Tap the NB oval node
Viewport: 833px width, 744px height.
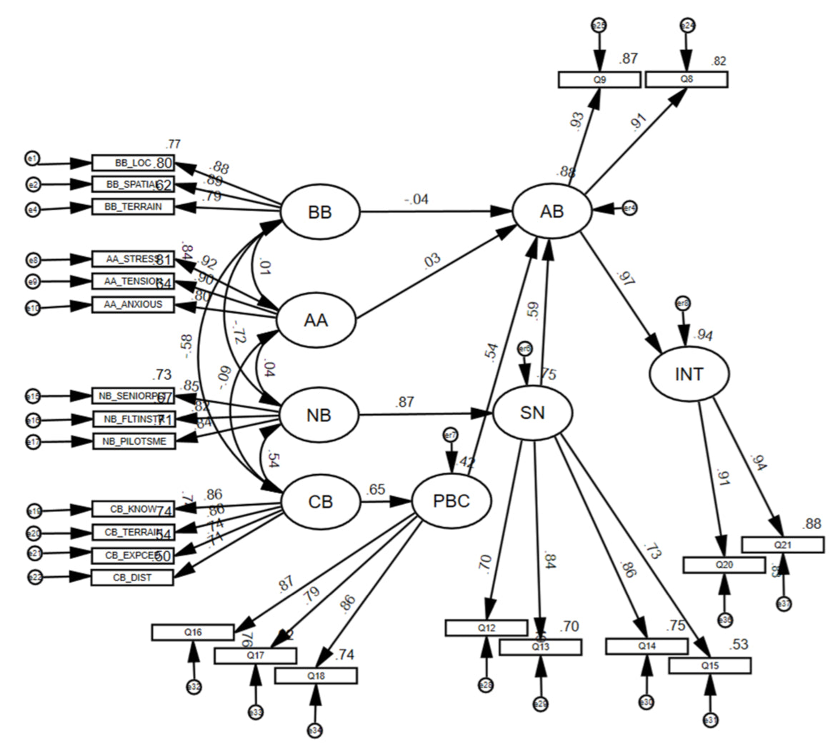(x=319, y=416)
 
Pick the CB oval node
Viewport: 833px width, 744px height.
(x=320, y=502)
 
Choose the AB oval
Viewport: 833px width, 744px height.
(x=552, y=211)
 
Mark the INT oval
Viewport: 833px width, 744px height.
(x=689, y=373)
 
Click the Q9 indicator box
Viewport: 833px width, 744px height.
(x=599, y=80)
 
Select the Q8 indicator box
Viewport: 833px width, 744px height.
(x=686, y=79)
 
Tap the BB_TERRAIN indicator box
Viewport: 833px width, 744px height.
(x=133, y=207)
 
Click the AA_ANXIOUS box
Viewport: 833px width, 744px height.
(x=133, y=305)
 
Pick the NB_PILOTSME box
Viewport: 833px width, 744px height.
(x=134, y=441)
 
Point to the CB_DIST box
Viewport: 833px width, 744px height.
(x=132, y=577)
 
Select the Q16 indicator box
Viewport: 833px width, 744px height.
(x=193, y=632)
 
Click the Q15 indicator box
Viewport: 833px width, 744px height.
(x=710, y=665)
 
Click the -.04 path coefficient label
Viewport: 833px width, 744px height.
(x=415, y=199)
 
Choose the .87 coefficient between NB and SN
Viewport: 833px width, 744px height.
(x=404, y=403)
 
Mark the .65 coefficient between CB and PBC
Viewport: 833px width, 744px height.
(x=376, y=491)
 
